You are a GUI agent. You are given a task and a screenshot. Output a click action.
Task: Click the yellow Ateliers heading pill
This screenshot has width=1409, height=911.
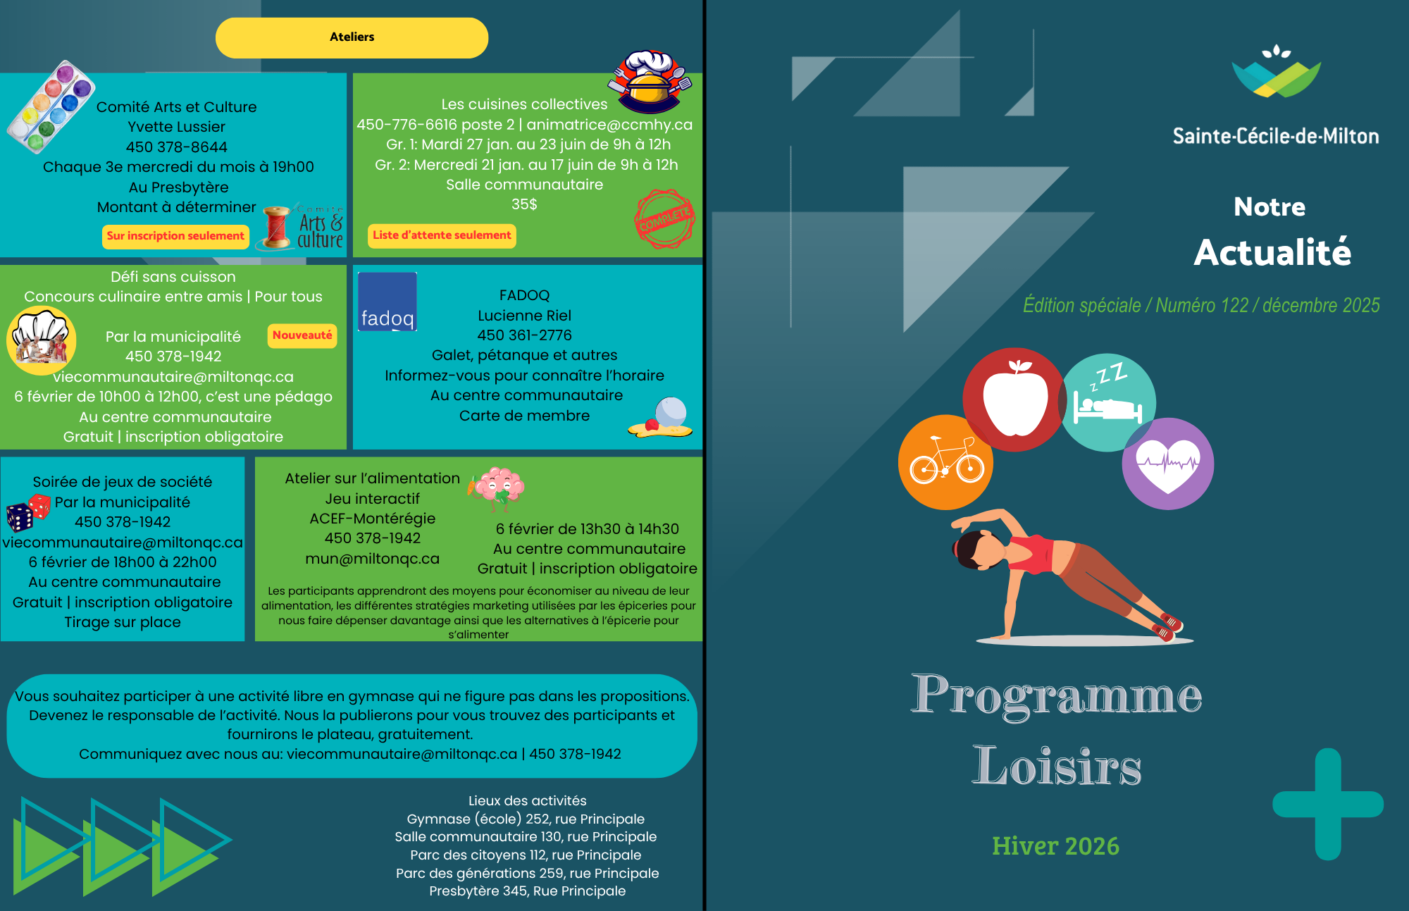(352, 37)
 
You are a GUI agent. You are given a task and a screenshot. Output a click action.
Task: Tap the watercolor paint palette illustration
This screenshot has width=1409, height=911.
(51, 106)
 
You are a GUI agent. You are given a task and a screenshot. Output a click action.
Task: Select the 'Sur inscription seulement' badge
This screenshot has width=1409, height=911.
(175, 236)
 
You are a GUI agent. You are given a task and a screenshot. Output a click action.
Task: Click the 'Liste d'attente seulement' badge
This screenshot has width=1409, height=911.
(442, 235)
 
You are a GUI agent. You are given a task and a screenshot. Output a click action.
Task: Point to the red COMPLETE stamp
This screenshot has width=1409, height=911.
(664, 218)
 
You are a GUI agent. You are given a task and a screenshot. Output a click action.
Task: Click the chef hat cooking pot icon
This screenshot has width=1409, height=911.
(650, 81)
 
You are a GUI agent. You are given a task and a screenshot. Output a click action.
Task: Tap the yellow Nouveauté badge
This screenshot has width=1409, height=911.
(302, 335)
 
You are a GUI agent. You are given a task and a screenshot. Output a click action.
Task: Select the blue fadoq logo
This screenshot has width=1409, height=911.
(387, 302)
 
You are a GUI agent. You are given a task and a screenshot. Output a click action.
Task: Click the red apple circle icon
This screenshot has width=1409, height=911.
(1014, 399)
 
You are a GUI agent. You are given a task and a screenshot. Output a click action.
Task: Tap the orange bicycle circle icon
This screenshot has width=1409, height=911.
(945, 462)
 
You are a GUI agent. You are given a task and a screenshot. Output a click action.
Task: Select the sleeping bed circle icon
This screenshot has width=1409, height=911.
(1108, 402)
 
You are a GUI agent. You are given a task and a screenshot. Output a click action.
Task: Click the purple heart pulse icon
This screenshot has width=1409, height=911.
(1168, 464)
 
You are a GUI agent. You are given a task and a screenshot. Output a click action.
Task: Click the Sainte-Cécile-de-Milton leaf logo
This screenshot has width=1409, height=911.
(1276, 72)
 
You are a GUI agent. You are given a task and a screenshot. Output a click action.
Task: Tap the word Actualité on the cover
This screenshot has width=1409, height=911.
(1272, 252)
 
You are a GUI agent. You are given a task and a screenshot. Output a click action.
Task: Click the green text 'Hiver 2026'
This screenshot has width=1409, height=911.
(1055, 845)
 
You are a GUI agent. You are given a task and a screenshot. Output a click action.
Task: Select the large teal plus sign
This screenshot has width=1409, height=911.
(1328, 804)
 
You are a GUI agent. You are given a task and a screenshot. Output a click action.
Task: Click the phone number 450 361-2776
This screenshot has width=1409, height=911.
(524, 335)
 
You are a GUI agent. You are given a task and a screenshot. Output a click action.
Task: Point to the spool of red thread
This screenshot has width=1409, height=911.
(276, 227)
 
